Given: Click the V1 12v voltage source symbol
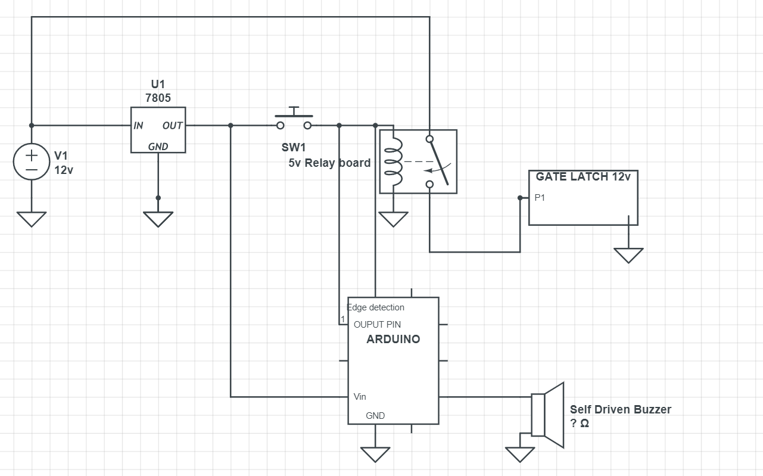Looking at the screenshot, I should pos(32,161).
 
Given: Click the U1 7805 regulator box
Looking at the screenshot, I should pos(158,130).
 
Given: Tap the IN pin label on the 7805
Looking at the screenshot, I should pos(138,126).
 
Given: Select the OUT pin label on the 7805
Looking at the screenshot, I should pos(172,126).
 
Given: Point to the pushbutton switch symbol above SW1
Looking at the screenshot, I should pos(294,119).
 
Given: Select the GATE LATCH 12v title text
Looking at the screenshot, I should pos(583,177).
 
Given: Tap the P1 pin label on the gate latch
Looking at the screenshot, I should pos(540,198).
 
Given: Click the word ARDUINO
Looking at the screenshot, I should pos(393,340).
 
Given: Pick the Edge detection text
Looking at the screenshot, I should pos(376,307).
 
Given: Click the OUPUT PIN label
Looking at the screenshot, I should pos(377,325).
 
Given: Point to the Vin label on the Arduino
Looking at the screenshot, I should pos(360,397).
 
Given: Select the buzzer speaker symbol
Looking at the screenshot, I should pos(547,415).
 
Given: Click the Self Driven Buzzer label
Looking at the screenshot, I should pos(620,410).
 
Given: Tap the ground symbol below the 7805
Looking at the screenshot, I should pos(158,218).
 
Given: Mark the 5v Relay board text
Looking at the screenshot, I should pos(329,163).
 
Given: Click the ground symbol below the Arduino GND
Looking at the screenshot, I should pos(375,454).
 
